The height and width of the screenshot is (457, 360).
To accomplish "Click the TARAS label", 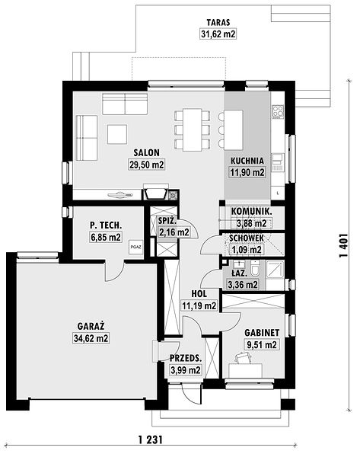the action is pos(218,22).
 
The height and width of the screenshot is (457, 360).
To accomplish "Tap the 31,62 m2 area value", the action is pos(218,34).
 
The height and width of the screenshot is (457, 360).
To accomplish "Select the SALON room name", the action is pos(146,153).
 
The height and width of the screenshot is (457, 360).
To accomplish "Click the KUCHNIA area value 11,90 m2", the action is pos(247,172).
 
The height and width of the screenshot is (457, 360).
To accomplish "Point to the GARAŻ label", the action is pos(91,326).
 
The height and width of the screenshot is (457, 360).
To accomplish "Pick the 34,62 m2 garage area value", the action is pos(91,338).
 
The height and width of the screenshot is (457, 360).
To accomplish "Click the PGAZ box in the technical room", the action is pos(136,247).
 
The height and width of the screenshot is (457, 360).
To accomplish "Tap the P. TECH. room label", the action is pos(106,225).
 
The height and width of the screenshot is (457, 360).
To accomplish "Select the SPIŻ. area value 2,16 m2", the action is pos(174,232).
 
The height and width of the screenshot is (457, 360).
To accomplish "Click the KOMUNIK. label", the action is pos(252,212).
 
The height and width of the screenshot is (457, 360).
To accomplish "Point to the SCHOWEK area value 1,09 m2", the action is pos(247,250).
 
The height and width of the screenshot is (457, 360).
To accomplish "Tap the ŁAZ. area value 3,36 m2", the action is pos(243,284).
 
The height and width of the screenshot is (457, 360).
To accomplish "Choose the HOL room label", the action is pos(199,294).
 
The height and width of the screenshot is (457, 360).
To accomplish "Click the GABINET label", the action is pos(262,333).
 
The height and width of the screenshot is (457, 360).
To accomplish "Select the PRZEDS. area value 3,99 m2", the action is pos(186,370).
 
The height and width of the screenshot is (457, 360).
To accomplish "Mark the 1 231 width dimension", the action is pos(150,439).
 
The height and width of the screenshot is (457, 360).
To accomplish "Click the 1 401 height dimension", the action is pos(344,245).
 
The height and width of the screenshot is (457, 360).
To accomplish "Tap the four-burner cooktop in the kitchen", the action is pos(278,111).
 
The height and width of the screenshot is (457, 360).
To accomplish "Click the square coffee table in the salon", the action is pos(117,134).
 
